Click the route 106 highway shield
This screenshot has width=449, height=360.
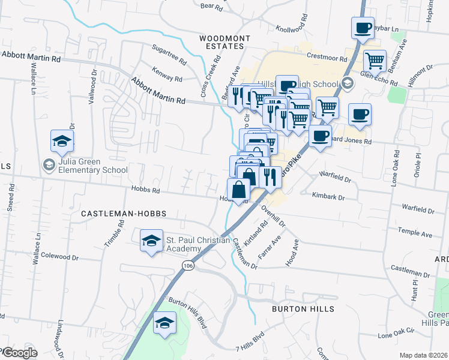click(x=187, y=265)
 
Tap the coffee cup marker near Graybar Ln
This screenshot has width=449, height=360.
click(x=363, y=28)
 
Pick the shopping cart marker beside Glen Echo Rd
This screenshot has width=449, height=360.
click(x=375, y=61)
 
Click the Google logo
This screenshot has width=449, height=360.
click(x=19, y=353)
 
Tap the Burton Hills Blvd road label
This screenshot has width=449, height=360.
click(x=187, y=313)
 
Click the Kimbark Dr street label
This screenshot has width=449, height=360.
click(x=328, y=196)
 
